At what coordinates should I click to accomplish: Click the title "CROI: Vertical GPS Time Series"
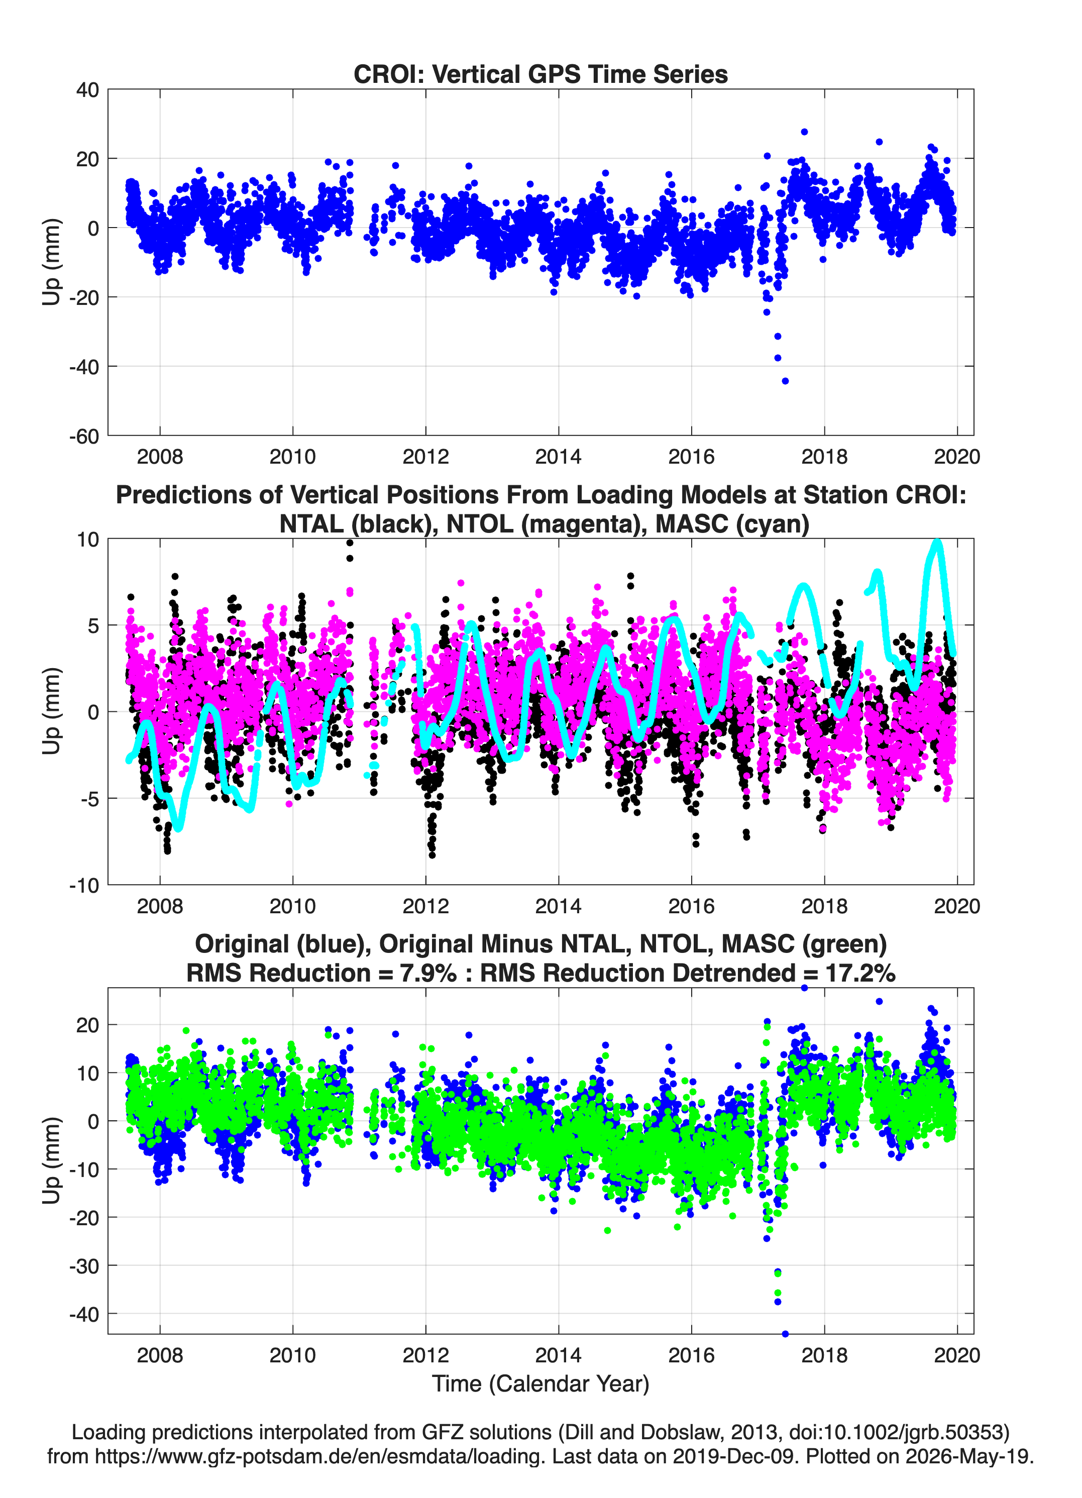540,74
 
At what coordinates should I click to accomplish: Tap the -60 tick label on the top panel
84,437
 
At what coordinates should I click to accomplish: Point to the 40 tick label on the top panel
88,90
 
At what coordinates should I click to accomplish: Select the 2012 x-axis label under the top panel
425,457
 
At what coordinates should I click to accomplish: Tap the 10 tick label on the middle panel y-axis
88,540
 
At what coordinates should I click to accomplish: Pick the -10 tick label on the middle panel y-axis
84,886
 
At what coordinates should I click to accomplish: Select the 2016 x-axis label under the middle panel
691,906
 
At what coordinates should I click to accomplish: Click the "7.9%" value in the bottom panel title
428,973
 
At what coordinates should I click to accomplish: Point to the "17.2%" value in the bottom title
860,973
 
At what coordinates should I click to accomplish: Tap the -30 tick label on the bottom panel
84,1266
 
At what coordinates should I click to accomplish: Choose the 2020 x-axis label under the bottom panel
956,1355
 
